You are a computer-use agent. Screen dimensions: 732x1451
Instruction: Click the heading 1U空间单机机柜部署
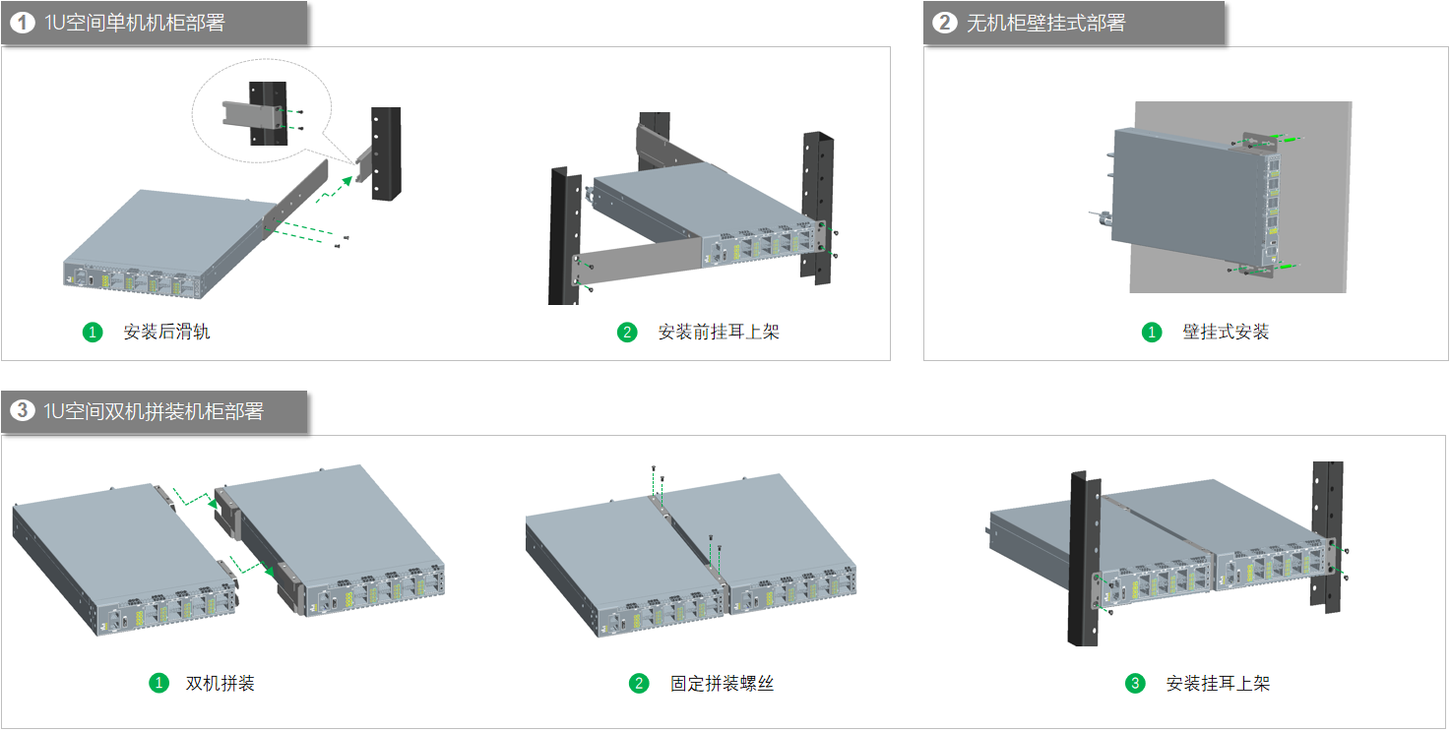[134, 23]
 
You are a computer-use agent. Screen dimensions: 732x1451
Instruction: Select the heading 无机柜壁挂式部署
[1045, 23]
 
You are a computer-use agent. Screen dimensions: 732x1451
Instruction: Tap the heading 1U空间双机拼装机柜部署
[153, 411]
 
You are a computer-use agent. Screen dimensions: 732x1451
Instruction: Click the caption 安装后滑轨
[166, 333]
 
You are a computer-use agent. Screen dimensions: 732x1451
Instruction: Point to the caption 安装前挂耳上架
[719, 333]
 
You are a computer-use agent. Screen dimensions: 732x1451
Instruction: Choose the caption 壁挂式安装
[1226, 333]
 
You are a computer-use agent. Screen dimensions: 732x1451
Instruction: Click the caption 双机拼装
[221, 683]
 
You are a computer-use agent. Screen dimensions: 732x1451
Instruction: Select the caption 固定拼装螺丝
[723, 683]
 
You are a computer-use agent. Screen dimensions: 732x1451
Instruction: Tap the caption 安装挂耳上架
[1219, 683]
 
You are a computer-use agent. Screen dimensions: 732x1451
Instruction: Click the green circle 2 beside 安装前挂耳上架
[627, 333]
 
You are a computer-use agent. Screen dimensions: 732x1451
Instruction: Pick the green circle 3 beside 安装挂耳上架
[1135, 683]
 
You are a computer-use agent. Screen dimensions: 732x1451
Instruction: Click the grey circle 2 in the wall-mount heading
[945, 23]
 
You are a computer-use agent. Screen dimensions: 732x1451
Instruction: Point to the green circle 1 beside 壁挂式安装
[1152, 333]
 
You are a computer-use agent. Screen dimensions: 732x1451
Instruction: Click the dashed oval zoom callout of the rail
[262, 110]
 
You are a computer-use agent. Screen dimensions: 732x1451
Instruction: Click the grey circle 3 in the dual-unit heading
[22, 411]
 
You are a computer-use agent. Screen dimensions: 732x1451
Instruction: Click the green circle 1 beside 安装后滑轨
[93, 333]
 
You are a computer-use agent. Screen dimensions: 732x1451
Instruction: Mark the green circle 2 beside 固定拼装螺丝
[640, 683]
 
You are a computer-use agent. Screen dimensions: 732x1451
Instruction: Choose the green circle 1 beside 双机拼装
[158, 683]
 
